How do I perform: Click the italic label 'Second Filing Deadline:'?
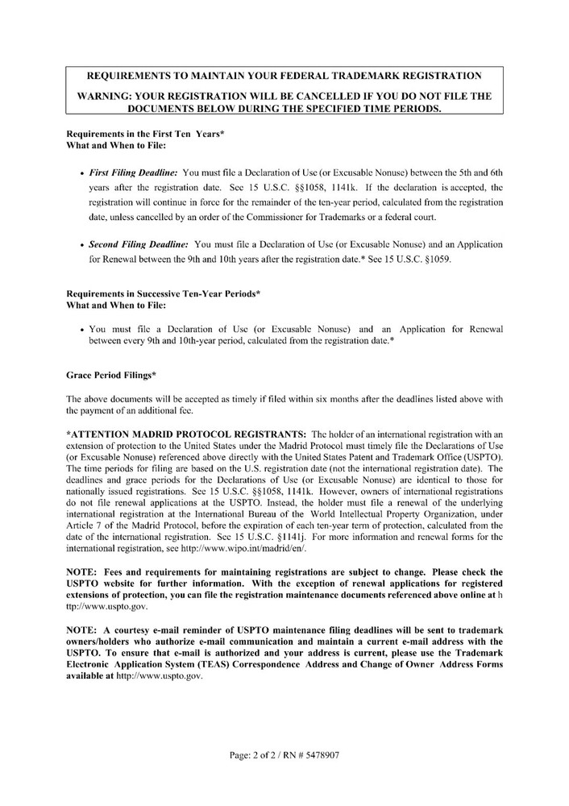coord(139,243)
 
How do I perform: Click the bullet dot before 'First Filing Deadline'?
coord(83,173)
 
